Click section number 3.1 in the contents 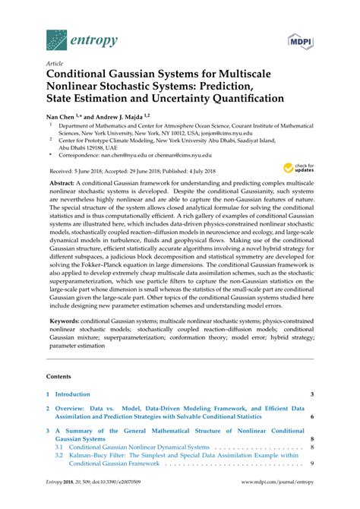pyautogui.click(x=58, y=448)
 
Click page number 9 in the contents pyautogui.click(x=312, y=464)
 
